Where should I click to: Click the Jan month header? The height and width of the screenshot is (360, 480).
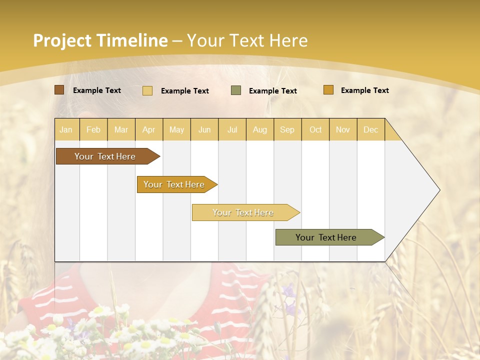click(x=66, y=129)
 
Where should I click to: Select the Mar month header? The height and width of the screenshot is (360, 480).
click(x=121, y=129)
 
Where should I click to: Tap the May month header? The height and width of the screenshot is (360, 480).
click(x=176, y=129)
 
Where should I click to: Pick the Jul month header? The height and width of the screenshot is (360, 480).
click(x=232, y=129)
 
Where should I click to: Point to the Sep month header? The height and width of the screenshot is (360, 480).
click(x=287, y=129)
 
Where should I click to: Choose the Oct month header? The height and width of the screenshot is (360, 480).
click(x=315, y=129)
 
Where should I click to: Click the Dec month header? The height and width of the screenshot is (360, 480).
click(x=370, y=129)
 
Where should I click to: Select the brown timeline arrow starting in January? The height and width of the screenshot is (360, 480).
click(x=105, y=156)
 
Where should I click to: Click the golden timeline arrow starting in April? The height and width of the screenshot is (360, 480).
click(x=174, y=184)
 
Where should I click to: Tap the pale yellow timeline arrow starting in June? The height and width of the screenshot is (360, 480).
click(x=243, y=212)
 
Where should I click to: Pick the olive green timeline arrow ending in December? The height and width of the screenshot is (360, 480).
click(x=326, y=237)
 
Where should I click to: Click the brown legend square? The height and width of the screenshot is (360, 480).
click(x=59, y=90)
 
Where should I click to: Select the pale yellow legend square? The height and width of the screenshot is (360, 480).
click(x=147, y=90)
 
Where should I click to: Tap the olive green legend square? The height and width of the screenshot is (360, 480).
click(x=236, y=90)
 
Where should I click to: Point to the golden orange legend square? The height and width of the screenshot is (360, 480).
click(x=328, y=90)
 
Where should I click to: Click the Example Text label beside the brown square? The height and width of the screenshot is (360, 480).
click(x=97, y=90)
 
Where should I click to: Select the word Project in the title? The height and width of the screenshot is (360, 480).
click(x=62, y=40)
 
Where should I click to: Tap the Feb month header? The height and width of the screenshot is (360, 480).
click(x=93, y=129)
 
